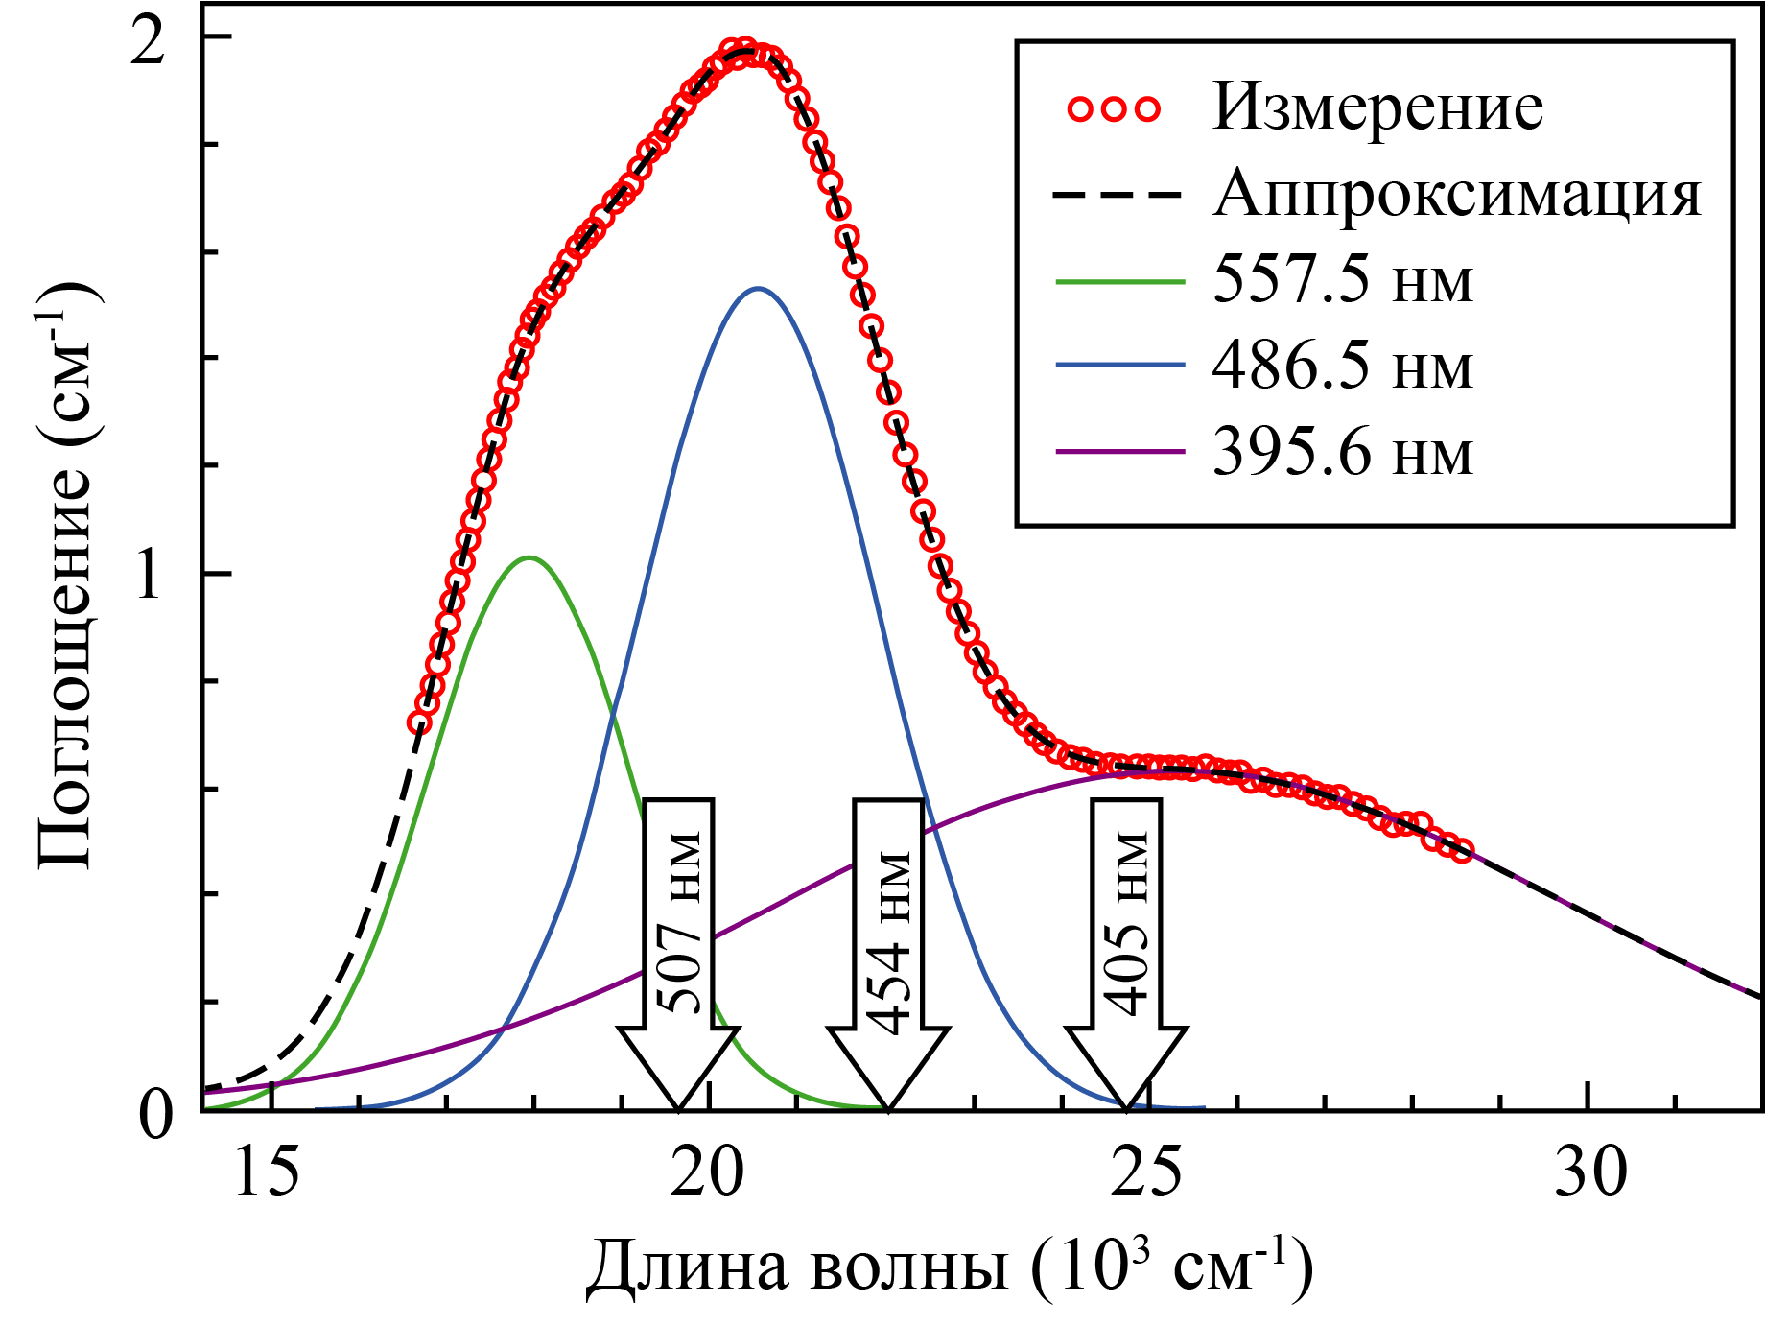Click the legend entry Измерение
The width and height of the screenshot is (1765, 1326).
1377,107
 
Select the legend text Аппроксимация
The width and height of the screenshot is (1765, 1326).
1456,194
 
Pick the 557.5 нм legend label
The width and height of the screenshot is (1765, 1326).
1342,280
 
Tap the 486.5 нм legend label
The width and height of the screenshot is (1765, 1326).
1342,366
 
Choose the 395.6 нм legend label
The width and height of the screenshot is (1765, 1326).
1342,452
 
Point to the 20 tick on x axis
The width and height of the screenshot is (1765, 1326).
708,1172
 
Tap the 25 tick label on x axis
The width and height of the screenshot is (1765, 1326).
1147,1172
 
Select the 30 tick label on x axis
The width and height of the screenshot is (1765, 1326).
1590,1172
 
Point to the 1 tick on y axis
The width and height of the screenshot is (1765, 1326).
149,576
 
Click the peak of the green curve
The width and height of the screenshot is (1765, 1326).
529,557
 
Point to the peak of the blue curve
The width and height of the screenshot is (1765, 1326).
758,288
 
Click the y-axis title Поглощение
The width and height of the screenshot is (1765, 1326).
67,576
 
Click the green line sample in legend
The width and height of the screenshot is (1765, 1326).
1120,281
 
